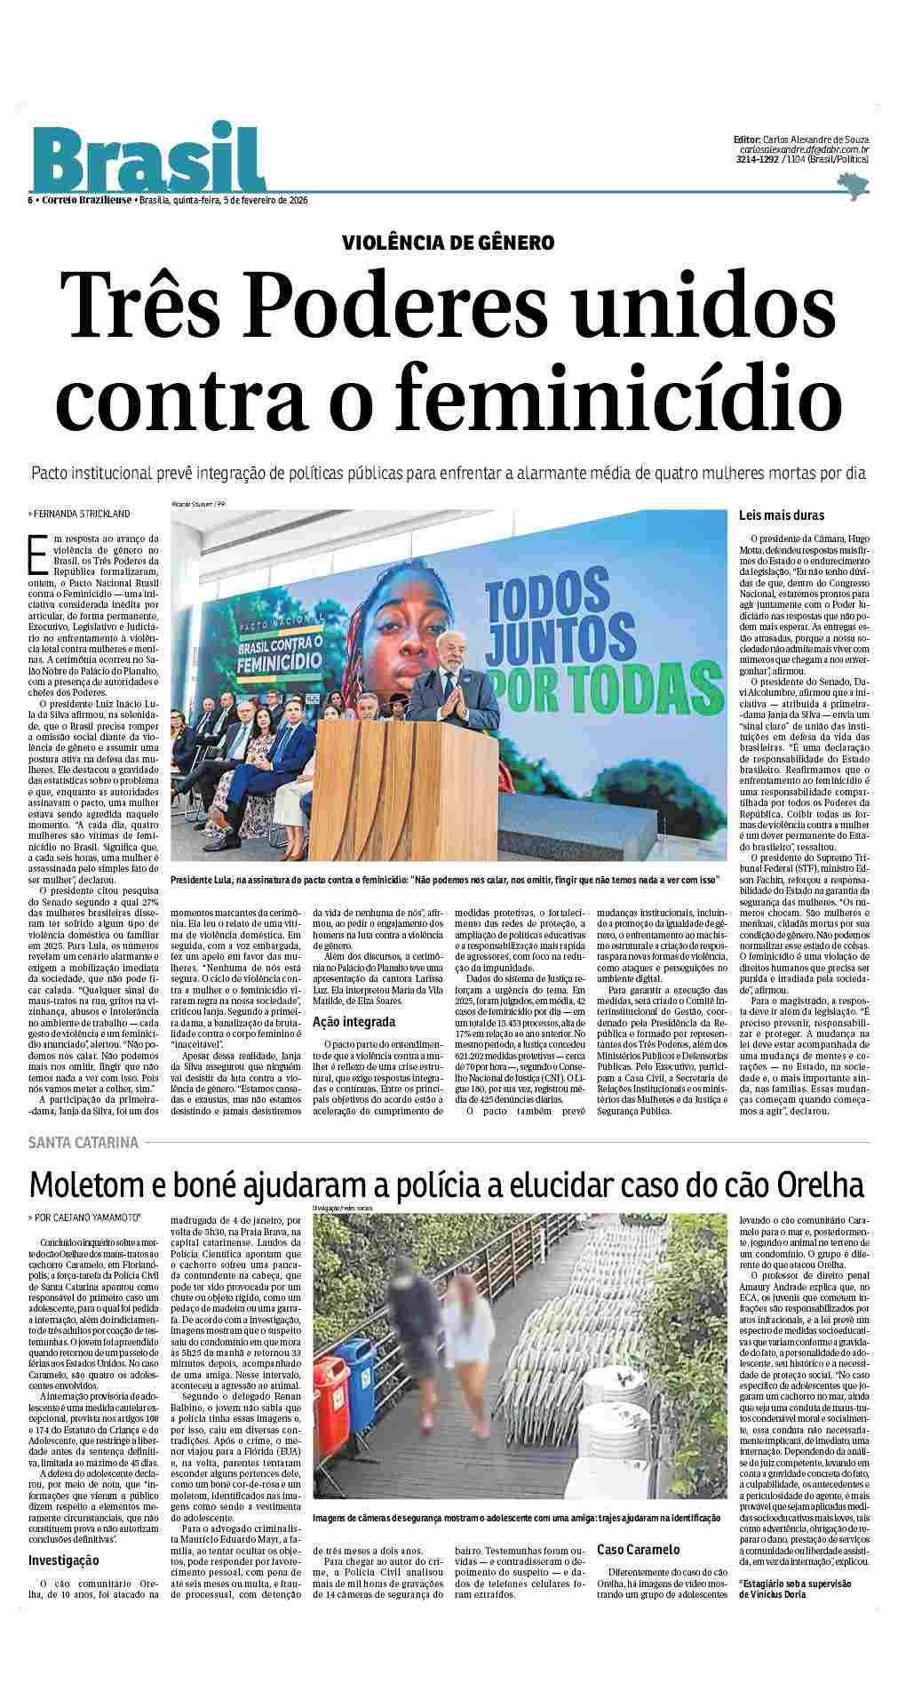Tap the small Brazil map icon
(x=853, y=184)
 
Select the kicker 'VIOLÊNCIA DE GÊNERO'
(x=449, y=242)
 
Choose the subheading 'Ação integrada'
(x=354, y=1022)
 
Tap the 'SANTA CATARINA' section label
(x=83, y=1142)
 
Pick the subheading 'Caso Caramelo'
(x=639, y=1549)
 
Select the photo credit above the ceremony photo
(x=199, y=504)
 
